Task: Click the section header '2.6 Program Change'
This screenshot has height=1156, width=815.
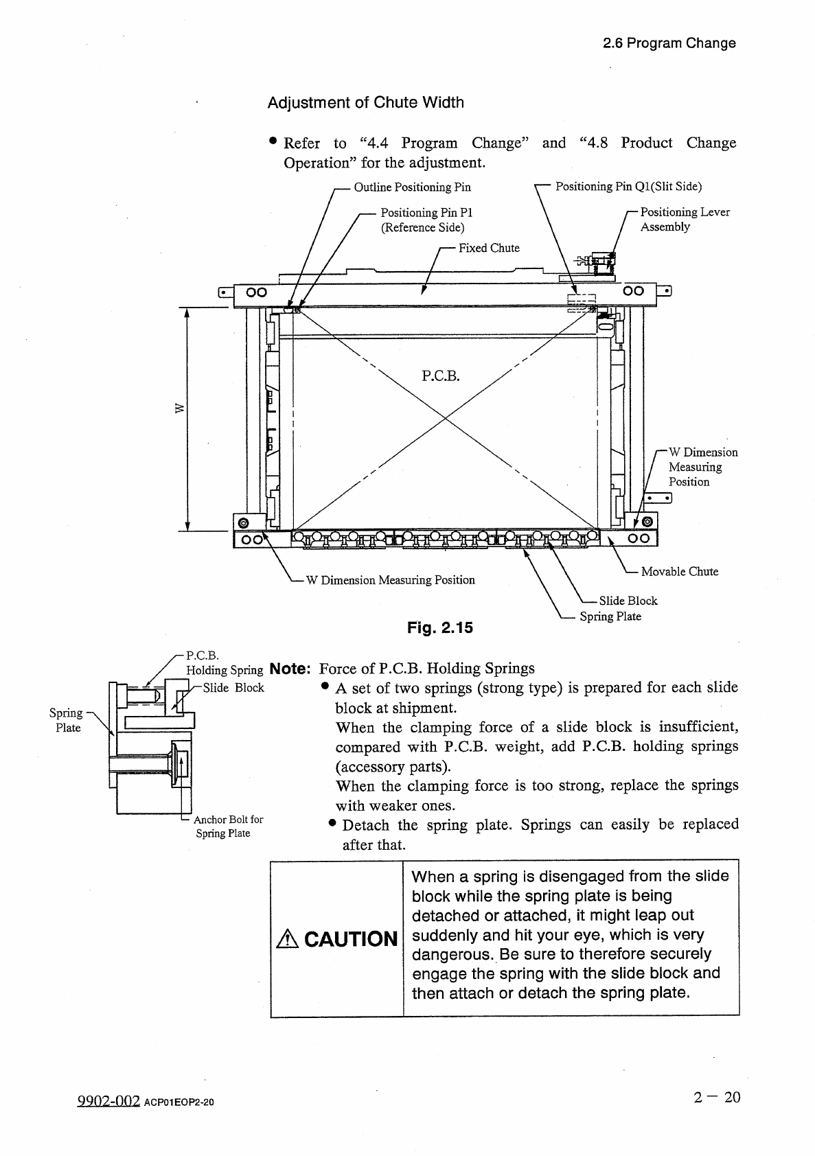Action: click(x=669, y=43)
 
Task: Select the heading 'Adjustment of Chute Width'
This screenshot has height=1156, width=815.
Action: click(x=365, y=103)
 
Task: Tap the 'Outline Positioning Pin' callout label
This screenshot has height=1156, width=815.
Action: click(x=412, y=187)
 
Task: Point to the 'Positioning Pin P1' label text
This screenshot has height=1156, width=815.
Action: click(x=426, y=213)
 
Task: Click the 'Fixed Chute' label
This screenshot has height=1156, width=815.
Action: click(x=489, y=248)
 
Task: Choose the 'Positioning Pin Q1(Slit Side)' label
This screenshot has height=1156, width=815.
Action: click(x=628, y=186)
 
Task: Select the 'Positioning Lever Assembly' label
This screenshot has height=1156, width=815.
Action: click(x=685, y=219)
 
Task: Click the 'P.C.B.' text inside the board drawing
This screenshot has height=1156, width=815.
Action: click(x=440, y=375)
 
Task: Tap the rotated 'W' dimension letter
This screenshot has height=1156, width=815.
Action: click(x=180, y=409)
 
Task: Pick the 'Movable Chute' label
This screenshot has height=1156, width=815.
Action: click(x=679, y=571)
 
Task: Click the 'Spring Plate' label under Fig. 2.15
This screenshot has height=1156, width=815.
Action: click(x=610, y=616)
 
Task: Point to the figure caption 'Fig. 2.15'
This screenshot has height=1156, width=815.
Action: click(x=440, y=627)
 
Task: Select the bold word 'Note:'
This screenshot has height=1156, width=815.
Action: click(x=292, y=669)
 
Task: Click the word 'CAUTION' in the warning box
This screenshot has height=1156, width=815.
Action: click(x=351, y=938)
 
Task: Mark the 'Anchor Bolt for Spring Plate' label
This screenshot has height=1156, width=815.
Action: click(x=227, y=826)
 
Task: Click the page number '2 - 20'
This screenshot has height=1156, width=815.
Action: click(x=717, y=1097)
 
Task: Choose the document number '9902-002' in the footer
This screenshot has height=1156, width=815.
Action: click(x=106, y=1101)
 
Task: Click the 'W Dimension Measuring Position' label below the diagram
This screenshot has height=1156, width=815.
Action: click(x=390, y=580)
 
